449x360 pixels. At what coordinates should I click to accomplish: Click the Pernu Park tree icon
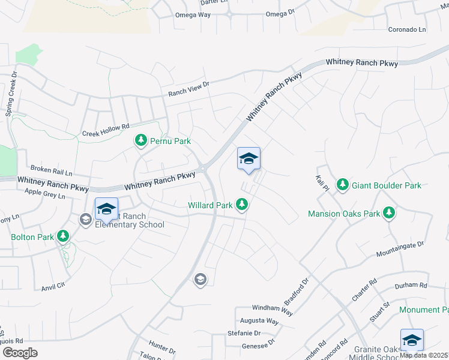141,141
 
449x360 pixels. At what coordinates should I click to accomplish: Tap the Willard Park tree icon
242,205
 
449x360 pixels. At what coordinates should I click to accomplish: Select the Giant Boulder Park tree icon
342,185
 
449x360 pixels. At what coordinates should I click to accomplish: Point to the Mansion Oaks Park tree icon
389,213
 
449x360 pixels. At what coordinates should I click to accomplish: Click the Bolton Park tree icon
64,236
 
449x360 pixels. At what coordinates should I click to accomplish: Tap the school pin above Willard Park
249,159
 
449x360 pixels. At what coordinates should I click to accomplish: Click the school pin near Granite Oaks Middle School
412,341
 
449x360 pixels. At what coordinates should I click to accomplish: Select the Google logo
20,352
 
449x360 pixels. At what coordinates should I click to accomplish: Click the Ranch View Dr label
188,89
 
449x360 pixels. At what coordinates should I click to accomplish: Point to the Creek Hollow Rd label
106,130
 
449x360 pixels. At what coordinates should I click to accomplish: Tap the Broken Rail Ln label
51,170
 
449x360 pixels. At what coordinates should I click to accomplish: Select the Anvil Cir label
53,287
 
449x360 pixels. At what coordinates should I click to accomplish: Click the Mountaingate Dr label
400,249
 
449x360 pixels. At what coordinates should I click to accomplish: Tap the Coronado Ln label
406,29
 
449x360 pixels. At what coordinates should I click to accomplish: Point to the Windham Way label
273,310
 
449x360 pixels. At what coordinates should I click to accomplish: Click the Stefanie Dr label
243,333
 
